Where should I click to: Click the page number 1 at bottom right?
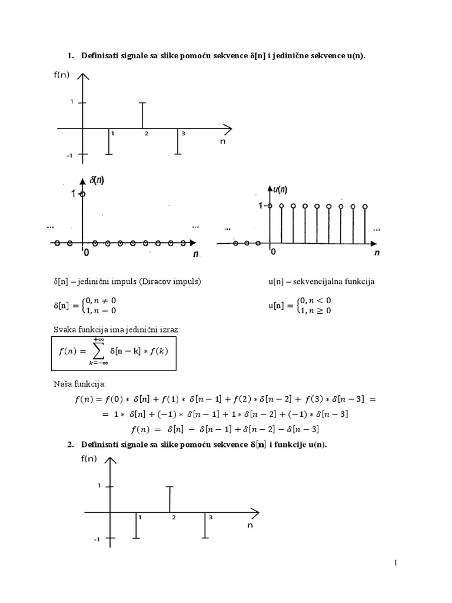coord(397,564)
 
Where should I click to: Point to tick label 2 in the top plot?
coord(147,134)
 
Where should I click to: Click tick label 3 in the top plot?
coord(183,134)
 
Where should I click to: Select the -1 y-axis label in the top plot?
coord(69,155)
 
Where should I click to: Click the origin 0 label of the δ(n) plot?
coord(86,253)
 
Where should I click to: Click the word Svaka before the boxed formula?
coord(64,330)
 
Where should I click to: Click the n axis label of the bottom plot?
coord(250,526)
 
